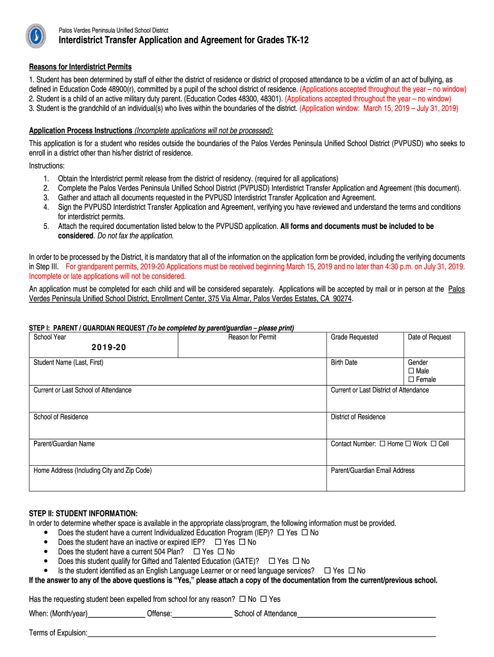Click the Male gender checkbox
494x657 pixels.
click(411, 371)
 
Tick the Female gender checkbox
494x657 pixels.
click(411, 380)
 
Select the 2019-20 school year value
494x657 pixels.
click(108, 347)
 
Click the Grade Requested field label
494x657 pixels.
click(354, 337)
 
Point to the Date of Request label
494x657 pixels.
click(429, 337)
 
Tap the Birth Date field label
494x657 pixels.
click(344, 363)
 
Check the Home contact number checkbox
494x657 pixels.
click(382, 444)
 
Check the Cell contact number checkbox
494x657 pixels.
click(434, 444)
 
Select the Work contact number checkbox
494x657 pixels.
click(408, 444)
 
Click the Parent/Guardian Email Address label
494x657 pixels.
click(372, 470)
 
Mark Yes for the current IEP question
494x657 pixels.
click(280, 533)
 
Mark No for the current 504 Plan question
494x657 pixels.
click(221, 551)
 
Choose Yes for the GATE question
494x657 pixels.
click(272, 561)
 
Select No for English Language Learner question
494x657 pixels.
click(352, 570)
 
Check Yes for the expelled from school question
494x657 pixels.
click(264, 599)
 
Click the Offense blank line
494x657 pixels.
click(202, 614)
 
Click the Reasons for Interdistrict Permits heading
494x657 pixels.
click(80, 67)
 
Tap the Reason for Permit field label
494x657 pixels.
click(252, 337)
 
